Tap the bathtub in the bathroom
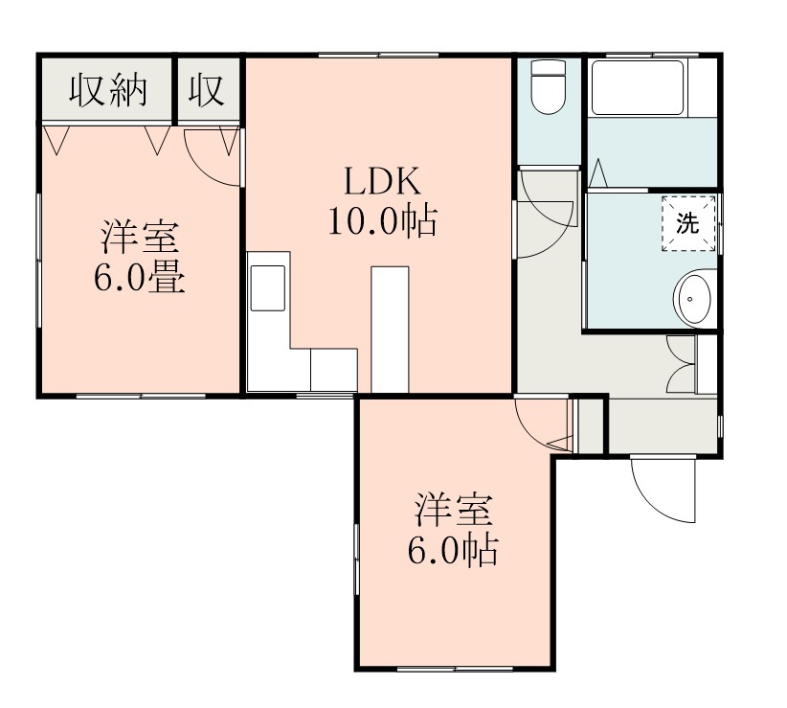pos(637,87)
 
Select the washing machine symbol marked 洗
pos(688,223)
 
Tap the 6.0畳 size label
pos(140,278)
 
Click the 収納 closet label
pos(107,90)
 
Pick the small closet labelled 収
pos(206,90)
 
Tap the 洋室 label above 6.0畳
pos(140,236)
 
